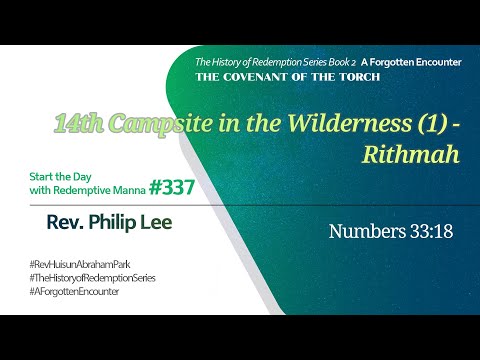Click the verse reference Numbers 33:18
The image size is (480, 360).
click(x=391, y=232)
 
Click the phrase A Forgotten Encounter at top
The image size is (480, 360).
click(x=414, y=62)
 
